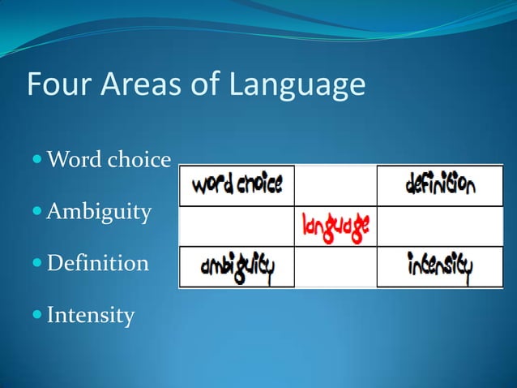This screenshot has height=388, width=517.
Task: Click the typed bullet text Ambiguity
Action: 99,213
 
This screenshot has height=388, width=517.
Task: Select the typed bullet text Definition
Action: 98,263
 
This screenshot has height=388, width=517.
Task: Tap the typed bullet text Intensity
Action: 91,313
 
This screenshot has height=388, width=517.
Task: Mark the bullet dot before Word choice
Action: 38,161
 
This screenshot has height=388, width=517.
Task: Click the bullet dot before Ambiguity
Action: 38,213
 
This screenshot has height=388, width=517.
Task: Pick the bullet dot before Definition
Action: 38,264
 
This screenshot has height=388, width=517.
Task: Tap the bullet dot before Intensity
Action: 38,314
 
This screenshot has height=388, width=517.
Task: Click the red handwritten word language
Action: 335,225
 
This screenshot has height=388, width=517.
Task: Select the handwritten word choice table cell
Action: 236,186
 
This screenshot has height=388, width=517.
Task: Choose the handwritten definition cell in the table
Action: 440,186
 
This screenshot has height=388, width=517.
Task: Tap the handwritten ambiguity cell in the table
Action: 236,266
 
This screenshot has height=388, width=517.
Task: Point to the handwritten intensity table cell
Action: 440,266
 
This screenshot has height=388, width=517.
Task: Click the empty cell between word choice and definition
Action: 335,186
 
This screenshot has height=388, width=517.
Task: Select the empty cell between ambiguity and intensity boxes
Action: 335,266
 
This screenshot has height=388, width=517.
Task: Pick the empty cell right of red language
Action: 440,226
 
